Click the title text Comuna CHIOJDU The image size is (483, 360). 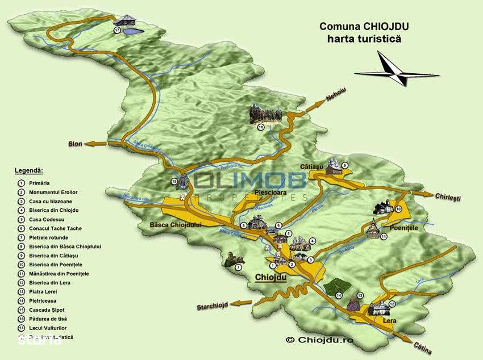coord(364,26)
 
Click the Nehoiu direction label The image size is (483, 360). coord(336,96)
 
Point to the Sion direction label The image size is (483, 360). coord(76,144)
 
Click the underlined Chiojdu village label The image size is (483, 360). coord(271,278)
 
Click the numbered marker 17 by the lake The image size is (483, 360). coord(117,30)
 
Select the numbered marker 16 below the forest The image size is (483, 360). coord(261,127)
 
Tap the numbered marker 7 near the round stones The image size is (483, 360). coord(238,267)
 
